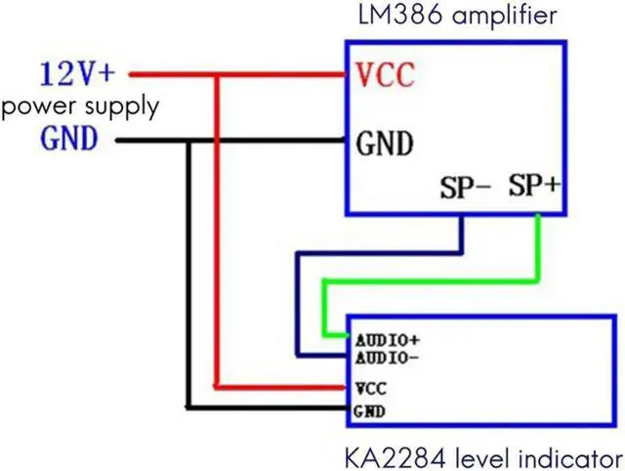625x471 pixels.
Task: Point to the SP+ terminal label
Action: coord(533,187)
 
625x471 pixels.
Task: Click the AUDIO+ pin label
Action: coord(388,341)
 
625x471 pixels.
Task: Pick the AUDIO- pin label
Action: coord(388,357)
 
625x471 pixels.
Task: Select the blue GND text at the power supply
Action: coord(69,140)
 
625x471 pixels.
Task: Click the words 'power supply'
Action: coord(80,106)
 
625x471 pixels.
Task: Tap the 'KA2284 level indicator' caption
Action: coord(482,456)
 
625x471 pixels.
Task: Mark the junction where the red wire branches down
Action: coord(218,73)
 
